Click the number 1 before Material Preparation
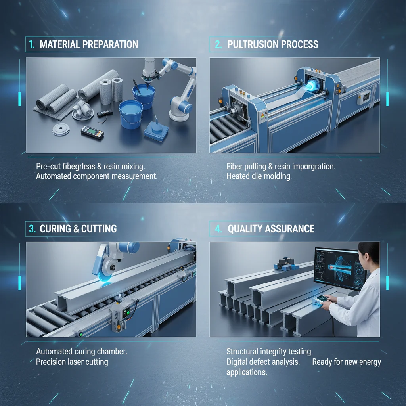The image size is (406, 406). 32,44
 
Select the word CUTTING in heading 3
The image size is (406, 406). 99,229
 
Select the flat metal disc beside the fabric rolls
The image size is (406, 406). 61,129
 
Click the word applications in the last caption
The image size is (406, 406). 247,372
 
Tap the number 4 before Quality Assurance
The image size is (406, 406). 218,229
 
